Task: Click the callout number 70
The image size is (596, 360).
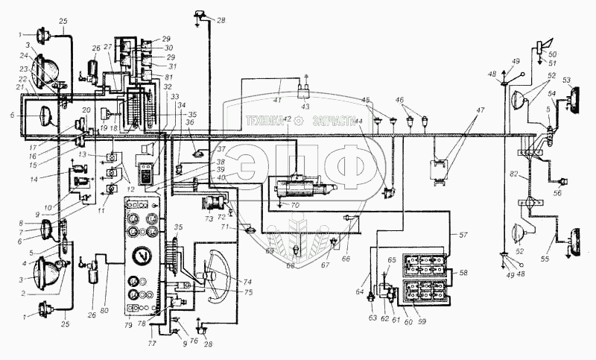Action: click(x=296, y=203)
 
